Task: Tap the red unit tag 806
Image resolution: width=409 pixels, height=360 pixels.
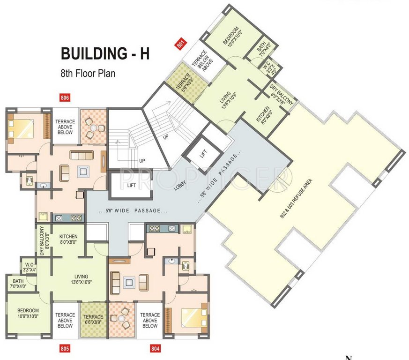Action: [65, 98]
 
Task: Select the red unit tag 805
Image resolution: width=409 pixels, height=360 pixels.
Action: [65, 348]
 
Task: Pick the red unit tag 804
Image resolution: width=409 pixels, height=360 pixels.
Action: [155, 348]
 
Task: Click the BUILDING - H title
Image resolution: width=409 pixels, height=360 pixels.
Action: [105, 53]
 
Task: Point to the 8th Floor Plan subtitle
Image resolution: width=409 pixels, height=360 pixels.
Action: [87, 73]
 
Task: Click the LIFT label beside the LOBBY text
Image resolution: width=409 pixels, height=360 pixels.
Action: [132, 186]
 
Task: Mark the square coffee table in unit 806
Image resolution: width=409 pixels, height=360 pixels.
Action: [83, 172]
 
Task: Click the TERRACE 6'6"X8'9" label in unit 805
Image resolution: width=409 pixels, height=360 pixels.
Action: [94, 320]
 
